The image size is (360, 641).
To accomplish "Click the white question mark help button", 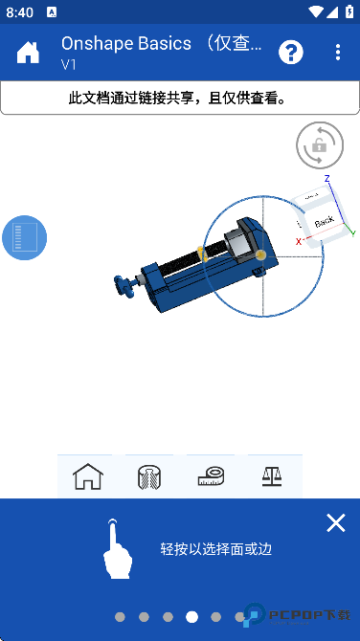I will click(x=291, y=52).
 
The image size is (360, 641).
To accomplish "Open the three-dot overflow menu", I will click(x=338, y=52).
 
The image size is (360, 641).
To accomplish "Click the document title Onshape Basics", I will click(x=162, y=43).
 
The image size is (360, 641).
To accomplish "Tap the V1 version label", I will click(x=69, y=65).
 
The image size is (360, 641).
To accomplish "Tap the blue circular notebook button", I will click(x=24, y=237).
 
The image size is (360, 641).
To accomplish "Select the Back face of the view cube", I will click(x=324, y=220).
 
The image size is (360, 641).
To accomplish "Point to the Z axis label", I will click(x=326, y=179).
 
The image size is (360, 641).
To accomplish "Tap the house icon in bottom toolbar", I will click(x=87, y=475).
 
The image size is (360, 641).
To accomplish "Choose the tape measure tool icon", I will click(x=211, y=475).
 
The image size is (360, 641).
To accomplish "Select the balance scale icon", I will click(x=271, y=475).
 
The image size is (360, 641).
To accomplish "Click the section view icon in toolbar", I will click(x=149, y=475).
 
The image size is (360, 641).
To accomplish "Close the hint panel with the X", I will click(x=335, y=522).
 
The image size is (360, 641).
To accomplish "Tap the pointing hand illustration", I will click(x=114, y=549).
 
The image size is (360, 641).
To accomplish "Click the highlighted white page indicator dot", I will click(x=191, y=617).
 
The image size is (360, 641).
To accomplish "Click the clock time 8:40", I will click(x=19, y=11).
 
